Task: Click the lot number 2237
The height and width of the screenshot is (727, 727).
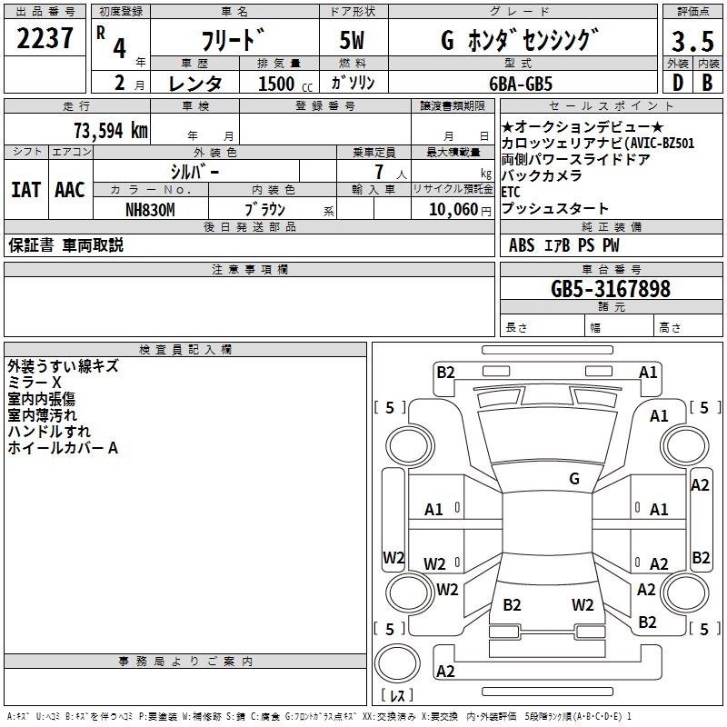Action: (x=45, y=39)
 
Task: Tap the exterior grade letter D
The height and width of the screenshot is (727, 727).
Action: (x=677, y=82)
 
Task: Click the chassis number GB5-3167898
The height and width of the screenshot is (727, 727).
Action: (x=611, y=289)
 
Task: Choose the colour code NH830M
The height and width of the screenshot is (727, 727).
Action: (x=150, y=209)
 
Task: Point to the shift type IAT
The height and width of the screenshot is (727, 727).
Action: (x=25, y=190)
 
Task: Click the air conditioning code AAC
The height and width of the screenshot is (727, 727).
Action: (x=69, y=190)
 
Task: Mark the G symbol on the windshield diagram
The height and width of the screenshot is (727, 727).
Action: (x=573, y=479)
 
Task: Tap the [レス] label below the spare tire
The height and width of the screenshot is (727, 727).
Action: (x=397, y=696)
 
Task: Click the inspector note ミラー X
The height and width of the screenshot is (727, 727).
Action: (x=35, y=383)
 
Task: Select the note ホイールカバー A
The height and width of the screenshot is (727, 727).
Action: (x=64, y=448)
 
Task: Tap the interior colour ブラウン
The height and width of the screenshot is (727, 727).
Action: (x=265, y=209)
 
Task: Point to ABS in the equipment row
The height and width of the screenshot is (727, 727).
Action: (x=522, y=245)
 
